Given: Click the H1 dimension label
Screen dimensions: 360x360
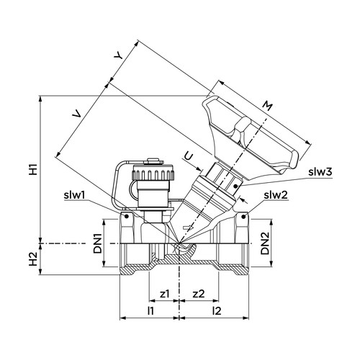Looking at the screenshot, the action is tap(34, 169).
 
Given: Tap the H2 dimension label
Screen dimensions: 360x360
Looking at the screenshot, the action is tap(34, 259).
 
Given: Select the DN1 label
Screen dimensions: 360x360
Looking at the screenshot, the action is tap(98, 244).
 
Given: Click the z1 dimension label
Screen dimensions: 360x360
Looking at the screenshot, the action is tap(165, 294).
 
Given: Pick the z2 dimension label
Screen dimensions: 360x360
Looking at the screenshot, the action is tap(199, 294).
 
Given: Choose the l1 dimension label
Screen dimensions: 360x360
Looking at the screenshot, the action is tap(150, 311).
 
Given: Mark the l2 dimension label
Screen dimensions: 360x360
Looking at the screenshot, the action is tap(217, 311).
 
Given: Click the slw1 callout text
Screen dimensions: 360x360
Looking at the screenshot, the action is tap(74, 195).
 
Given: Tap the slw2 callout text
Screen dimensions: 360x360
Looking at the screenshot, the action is tap(276, 195).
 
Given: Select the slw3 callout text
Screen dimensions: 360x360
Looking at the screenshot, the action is tap(320, 172).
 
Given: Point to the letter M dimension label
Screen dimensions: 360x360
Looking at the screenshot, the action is tap(267, 106).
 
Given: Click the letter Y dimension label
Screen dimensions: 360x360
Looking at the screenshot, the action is tap(118, 56).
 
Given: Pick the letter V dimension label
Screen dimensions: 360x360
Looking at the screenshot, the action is tap(77, 114).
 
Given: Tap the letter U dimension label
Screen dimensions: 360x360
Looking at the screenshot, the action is tap(189, 157).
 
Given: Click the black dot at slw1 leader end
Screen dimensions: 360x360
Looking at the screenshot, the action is tap(127, 217).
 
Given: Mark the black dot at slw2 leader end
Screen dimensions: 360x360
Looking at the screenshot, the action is tap(243, 217).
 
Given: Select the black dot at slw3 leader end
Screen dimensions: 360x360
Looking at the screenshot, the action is tap(235, 186).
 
